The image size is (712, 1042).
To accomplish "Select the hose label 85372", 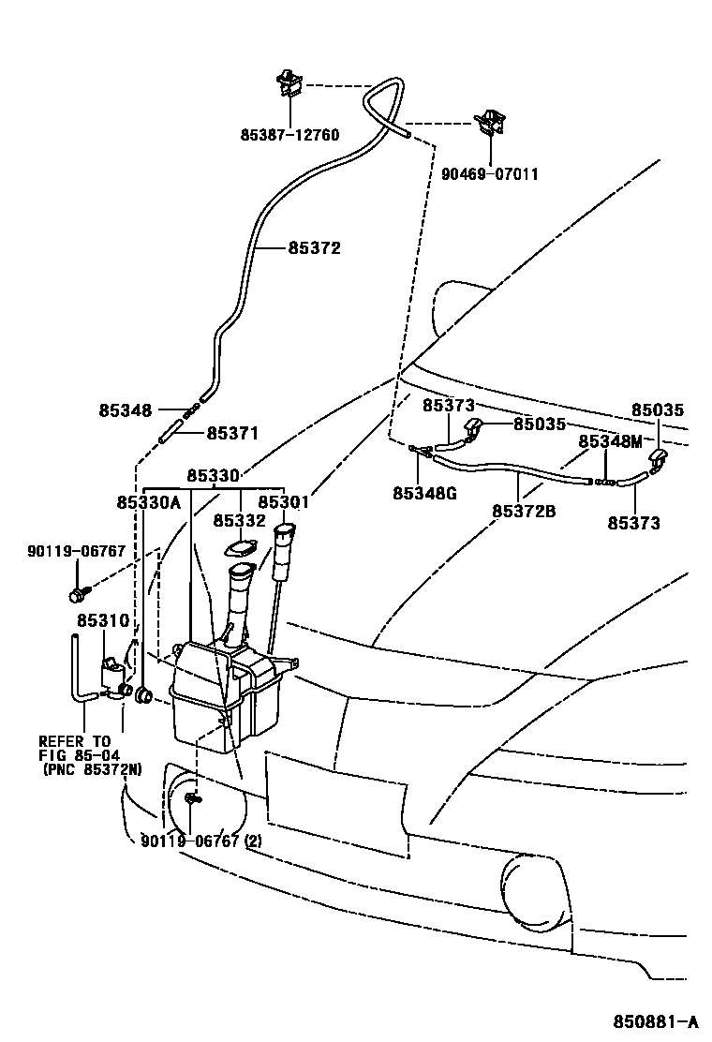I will point(314,248).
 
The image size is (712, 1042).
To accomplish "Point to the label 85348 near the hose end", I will point(125,410).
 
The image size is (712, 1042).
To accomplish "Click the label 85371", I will point(232,433).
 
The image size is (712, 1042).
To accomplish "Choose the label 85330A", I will point(148,502).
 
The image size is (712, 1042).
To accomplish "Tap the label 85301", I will point(284,502).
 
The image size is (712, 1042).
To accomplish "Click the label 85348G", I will point(424,493).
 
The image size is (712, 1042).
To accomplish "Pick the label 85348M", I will point(610,440).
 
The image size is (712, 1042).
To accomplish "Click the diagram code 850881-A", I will point(655,1020).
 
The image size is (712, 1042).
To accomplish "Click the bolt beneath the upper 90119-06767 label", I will point(76,594).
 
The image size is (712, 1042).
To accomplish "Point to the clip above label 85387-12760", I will point(289,84).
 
